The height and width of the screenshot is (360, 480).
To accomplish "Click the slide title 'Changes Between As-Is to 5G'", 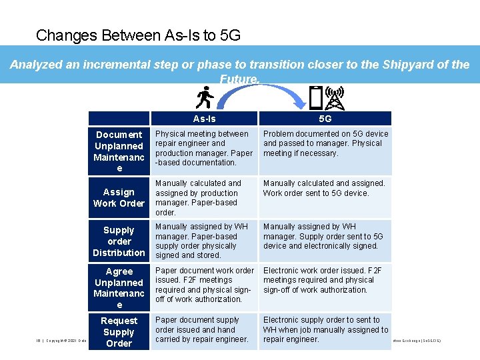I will click(138, 35).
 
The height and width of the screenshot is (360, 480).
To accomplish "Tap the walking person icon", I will click(205, 98).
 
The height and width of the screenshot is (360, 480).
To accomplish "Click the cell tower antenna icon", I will click(335, 98).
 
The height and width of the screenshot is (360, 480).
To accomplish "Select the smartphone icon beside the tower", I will click(317, 99).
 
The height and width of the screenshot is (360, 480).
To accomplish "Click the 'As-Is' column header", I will click(204, 119).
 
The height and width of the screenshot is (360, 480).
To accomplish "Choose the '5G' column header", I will click(325, 119).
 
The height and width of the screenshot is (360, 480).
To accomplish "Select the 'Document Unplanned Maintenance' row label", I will click(119, 151).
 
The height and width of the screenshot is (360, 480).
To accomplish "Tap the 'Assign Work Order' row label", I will click(119, 197).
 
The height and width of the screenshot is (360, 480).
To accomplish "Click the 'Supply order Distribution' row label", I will click(119, 241).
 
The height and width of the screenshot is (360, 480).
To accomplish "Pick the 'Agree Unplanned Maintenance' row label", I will click(119, 288).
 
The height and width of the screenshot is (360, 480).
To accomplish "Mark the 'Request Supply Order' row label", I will click(119, 332).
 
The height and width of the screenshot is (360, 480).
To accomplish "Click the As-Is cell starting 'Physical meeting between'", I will click(204, 148).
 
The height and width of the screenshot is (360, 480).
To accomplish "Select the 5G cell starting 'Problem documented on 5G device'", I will click(325, 143).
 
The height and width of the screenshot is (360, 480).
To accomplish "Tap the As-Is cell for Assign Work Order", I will click(204, 197).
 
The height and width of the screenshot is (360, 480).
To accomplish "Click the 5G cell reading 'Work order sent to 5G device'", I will click(325, 189).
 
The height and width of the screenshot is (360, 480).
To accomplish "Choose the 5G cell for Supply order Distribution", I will click(325, 236).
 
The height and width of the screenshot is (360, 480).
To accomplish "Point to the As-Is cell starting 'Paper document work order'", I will click(204, 285).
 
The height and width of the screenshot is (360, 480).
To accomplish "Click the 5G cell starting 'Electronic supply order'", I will click(325, 329).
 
